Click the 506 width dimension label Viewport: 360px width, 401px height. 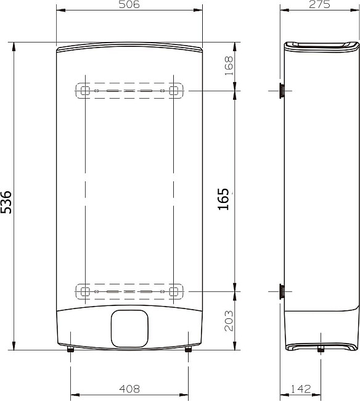coord(129,5)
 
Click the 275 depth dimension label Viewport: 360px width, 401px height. coord(320,5)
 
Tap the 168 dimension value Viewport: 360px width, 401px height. coord(229,66)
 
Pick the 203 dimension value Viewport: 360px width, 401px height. coord(229,321)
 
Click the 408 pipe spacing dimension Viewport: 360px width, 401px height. coord(129,389)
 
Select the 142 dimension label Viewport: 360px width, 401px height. coord(301,389)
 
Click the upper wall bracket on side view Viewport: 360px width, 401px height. coord(281,91)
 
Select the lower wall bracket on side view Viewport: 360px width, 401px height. coord(281,291)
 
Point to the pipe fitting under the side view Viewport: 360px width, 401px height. coord(320,350)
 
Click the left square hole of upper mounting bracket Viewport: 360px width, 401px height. coord(86,91)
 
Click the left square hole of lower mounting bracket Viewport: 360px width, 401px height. coord(86,291)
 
